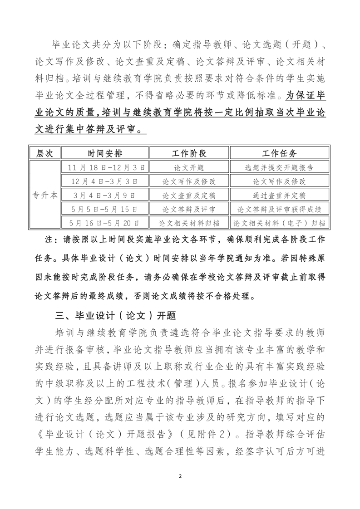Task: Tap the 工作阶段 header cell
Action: click(189, 153)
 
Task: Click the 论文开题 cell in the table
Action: click(189, 167)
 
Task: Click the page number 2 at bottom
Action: click(180, 476)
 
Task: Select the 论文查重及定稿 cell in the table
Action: click(189, 196)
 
